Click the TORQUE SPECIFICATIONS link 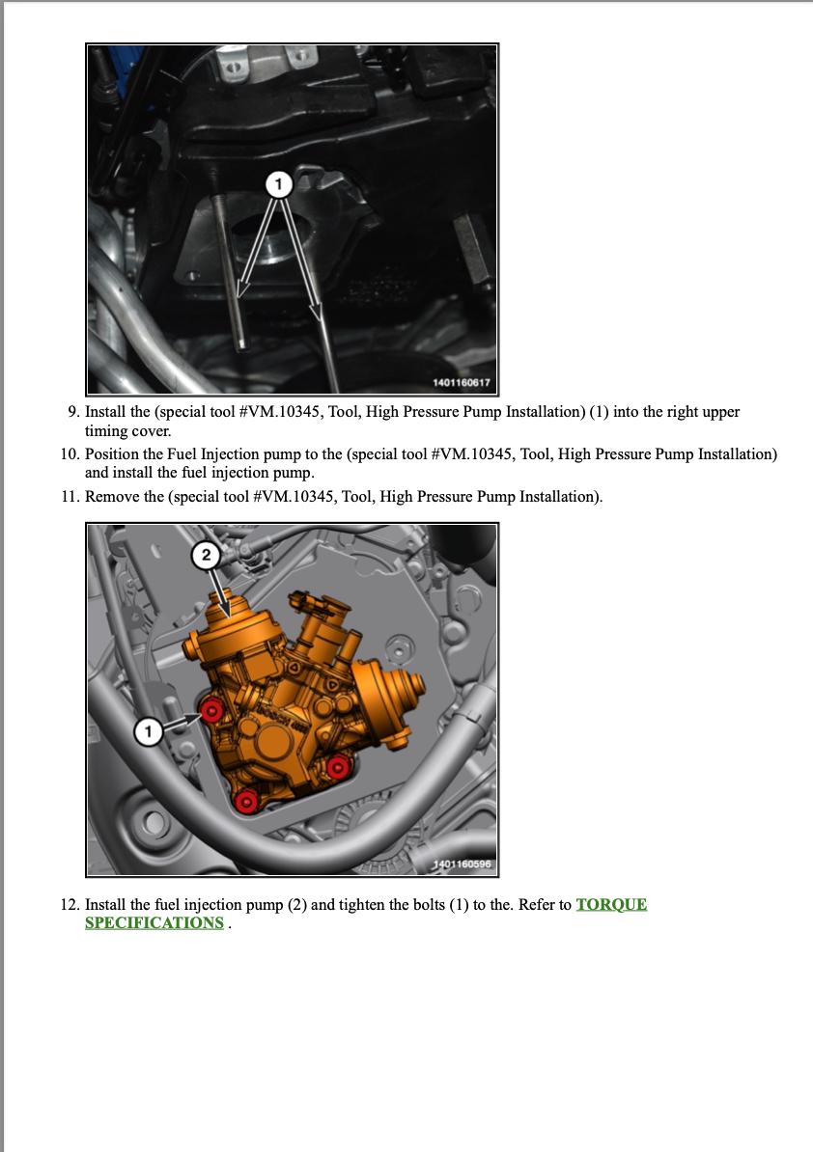[366, 914]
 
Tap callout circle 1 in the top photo [279, 184]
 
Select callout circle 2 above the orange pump [206, 555]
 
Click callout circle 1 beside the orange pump [149, 731]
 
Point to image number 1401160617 [461, 383]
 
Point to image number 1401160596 [461, 864]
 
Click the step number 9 [73, 412]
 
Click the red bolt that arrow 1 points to [212, 710]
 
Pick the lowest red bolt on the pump [246, 802]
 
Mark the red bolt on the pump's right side [337, 769]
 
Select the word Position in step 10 [113, 454]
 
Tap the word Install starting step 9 [106, 412]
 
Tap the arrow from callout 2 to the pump [220, 592]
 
